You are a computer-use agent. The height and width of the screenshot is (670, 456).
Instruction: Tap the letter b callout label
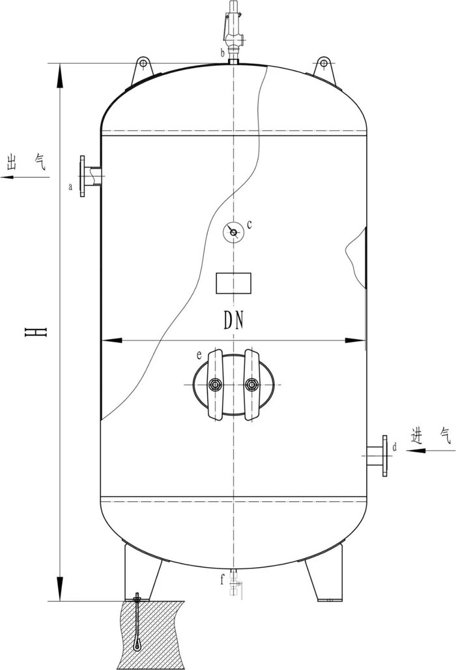[222, 53]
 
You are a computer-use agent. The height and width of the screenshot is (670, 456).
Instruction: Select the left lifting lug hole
[143, 64]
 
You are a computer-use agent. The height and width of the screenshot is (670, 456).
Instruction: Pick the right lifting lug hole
[324, 64]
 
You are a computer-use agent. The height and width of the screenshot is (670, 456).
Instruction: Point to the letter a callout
[71, 187]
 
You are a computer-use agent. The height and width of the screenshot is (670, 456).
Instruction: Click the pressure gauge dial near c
[233, 232]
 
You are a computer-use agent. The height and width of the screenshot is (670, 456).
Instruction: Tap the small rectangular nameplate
[233, 283]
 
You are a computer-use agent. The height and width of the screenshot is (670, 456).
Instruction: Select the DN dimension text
[234, 320]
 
